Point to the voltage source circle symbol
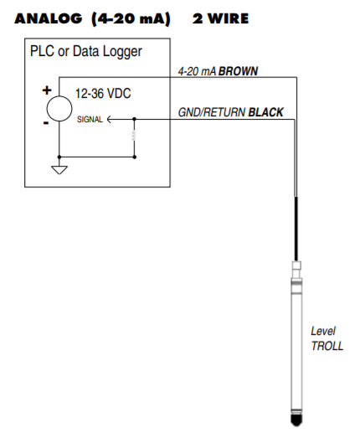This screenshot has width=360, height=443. tap(59, 107)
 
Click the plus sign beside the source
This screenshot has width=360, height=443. tap(47, 90)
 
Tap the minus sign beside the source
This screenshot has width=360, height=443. tap(47, 123)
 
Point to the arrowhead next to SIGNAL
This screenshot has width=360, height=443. tap(111, 120)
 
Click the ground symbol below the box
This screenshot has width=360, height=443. tap(59, 170)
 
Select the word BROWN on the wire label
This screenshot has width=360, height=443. tap(239, 71)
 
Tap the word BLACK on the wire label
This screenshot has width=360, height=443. tap(266, 112)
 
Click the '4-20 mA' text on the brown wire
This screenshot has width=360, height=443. tap(197, 71)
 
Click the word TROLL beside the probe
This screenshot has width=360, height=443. tap(327, 346)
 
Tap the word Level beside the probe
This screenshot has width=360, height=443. tap(323, 331)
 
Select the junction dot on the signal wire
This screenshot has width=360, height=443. tap(134, 120)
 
